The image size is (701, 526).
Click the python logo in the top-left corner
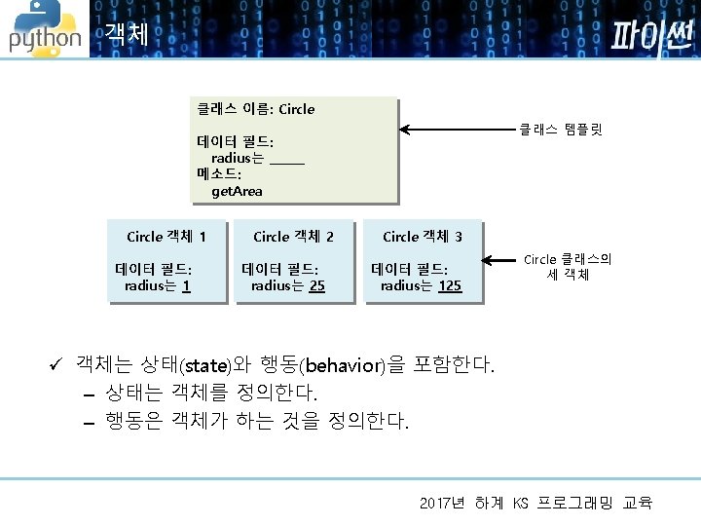[x=44, y=29]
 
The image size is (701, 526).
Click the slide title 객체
[x=127, y=35]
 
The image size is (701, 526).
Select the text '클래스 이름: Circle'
[x=256, y=109]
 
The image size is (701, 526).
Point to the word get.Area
[x=237, y=191]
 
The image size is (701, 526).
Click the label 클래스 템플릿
[x=561, y=128]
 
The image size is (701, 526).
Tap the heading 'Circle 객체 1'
[x=166, y=237]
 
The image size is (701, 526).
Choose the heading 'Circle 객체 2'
[x=293, y=237]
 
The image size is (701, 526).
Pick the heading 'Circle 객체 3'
[x=423, y=237]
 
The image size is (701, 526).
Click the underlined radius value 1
[x=186, y=286]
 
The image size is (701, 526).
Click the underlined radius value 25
[x=316, y=286]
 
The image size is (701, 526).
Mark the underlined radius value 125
[x=450, y=286]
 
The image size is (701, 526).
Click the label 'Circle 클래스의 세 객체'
[x=568, y=267]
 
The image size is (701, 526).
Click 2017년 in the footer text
[x=443, y=504]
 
